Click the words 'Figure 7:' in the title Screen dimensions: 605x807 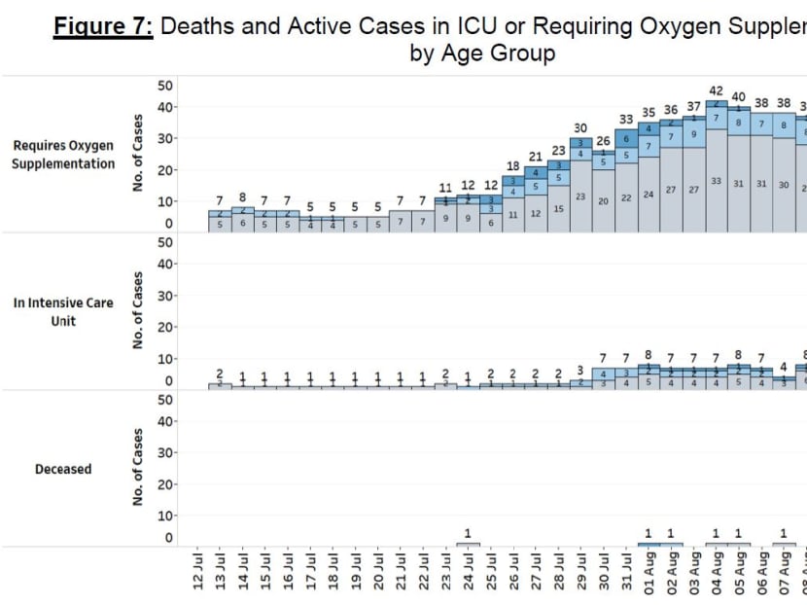[102, 26]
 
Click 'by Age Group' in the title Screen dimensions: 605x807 [482, 53]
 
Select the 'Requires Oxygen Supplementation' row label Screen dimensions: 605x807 [63, 155]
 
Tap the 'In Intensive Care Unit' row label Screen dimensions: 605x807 [63, 311]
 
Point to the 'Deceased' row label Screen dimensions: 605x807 [63, 469]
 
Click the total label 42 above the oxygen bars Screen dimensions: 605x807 [716, 91]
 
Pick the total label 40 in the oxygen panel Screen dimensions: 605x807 [739, 97]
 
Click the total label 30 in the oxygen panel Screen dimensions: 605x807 [580, 128]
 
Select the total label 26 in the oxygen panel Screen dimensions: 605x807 [604, 141]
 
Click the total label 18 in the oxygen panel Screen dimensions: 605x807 [512, 166]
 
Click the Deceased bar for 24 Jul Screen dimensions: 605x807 [468, 544]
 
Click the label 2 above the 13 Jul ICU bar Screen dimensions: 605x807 [220, 374]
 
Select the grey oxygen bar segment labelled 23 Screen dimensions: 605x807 [580, 197]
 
